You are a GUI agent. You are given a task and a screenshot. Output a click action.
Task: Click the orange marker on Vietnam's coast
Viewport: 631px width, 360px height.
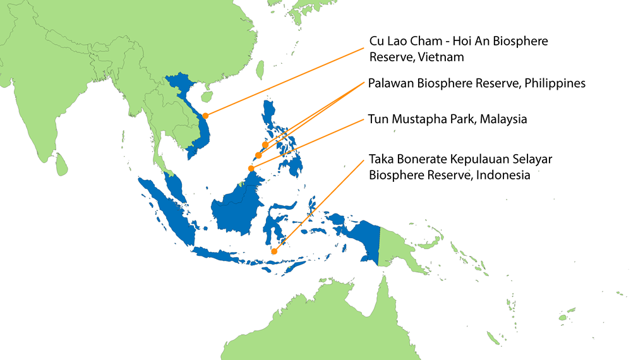pyautogui.click(x=205, y=116)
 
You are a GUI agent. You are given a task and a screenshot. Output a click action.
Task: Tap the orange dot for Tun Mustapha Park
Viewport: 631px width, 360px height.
pyautogui.click(x=251, y=169)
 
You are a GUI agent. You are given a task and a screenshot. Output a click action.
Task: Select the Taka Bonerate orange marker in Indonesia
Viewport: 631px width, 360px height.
pyautogui.click(x=274, y=251)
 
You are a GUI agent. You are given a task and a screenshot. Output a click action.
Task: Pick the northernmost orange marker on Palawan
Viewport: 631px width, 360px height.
pyautogui.click(x=265, y=145)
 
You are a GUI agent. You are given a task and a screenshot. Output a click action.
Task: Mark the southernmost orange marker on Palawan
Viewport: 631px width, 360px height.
pyautogui.click(x=258, y=155)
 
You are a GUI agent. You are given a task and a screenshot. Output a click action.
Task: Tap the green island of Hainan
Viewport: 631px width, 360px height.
pyautogui.click(x=205, y=97)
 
